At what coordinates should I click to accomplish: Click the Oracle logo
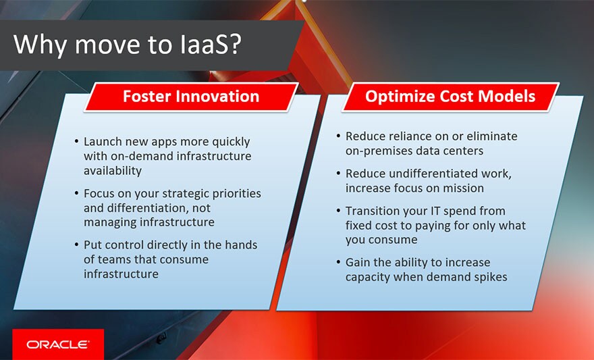pyautogui.click(x=57, y=344)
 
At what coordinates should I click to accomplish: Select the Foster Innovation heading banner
pyautogui.click(x=190, y=97)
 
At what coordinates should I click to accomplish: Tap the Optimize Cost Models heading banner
pyautogui.click(x=450, y=97)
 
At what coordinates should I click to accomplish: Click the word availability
pyautogui.click(x=113, y=172)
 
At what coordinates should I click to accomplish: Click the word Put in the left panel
pyautogui.click(x=93, y=245)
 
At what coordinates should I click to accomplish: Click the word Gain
pyautogui.click(x=359, y=262)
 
